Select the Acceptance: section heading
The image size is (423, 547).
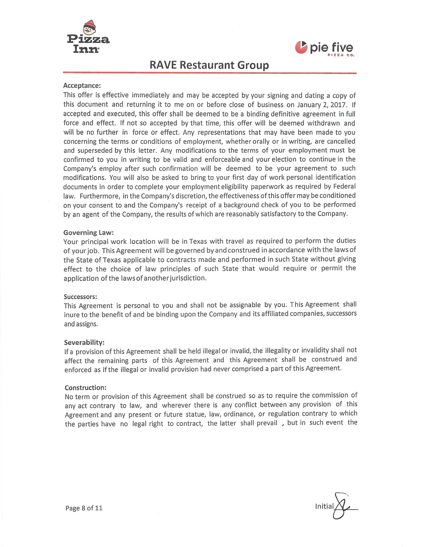[x=82, y=86]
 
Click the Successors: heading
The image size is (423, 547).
[x=80, y=297]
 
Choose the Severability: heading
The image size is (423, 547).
[x=84, y=342]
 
